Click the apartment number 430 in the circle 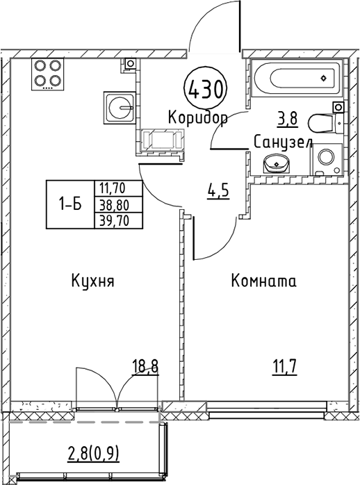click(205, 89)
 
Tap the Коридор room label click(198, 118)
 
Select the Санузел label click(284, 142)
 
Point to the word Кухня click(93, 281)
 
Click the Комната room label click(264, 281)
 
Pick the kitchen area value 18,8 click(145, 368)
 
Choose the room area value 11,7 click(284, 368)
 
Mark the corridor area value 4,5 click(218, 192)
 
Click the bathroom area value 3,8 click(288, 119)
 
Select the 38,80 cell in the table click(118, 204)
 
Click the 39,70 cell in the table click(118, 221)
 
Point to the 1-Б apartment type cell click(70, 204)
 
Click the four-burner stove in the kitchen click(47, 74)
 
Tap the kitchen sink click(120, 106)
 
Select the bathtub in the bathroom click(297, 78)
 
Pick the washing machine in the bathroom click(327, 159)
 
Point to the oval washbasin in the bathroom click(277, 163)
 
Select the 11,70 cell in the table click(118, 188)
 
